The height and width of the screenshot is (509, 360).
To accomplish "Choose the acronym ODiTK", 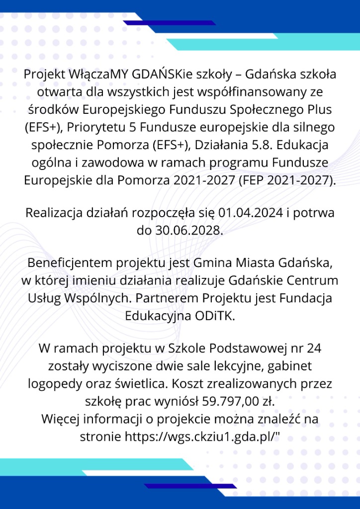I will click(215, 316).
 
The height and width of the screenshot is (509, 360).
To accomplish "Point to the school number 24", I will click(314, 348).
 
